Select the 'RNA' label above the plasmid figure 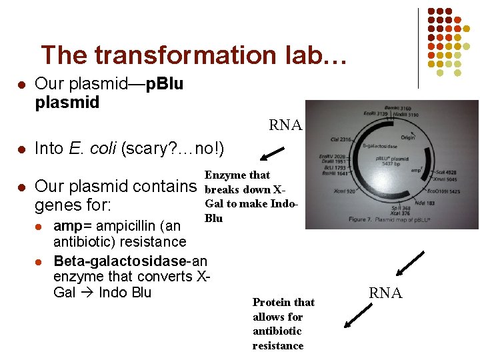pos(285,125)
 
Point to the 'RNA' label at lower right pos(386,292)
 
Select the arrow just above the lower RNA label pos(409,263)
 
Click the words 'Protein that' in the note pos(283,302)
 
